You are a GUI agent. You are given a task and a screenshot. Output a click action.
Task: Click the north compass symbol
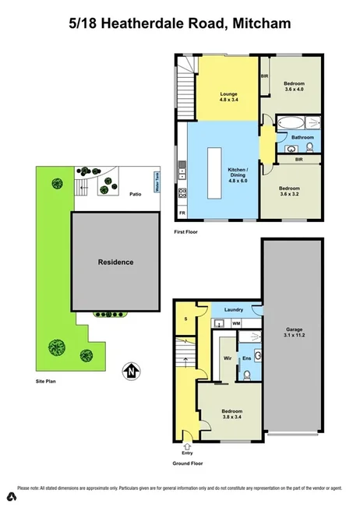pos(132,372)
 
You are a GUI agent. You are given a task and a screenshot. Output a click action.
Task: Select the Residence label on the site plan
pos(115,262)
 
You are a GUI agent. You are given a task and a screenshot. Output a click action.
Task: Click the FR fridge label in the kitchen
pos(182,213)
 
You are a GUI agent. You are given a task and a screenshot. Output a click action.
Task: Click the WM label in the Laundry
pos(235,322)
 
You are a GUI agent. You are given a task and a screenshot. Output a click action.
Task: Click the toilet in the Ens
pos(246,375)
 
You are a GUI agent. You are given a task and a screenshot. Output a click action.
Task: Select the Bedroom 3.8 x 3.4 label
pos(231,414)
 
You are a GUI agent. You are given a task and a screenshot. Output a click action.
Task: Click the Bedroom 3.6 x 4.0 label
pos(294,86)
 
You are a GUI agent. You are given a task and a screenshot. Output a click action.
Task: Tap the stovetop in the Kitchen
pos(182,193)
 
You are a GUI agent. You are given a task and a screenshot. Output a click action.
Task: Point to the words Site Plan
pos(47,382)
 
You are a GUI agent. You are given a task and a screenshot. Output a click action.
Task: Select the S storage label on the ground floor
pos(185,319)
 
